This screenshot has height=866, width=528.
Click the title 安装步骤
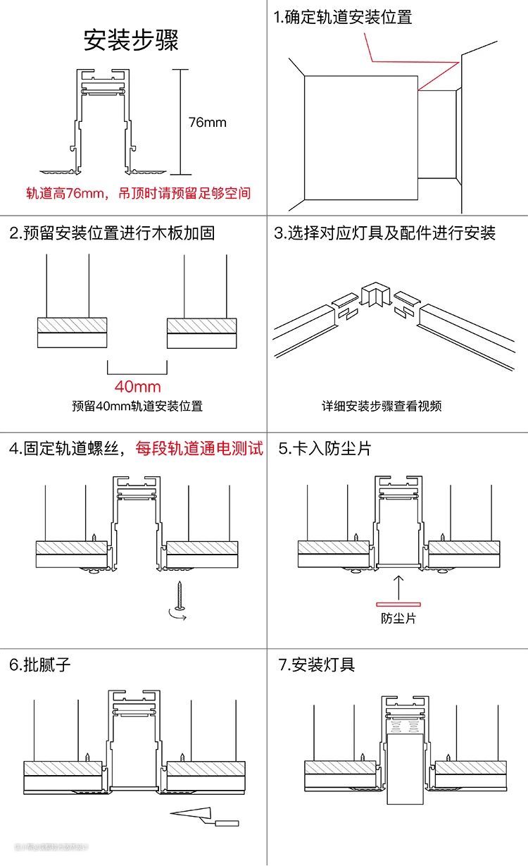[131, 39]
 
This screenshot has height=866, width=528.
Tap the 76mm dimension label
[208, 123]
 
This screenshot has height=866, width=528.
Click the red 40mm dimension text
[138, 386]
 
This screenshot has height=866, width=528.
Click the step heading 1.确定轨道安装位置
[343, 18]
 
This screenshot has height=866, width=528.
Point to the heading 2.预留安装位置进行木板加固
[112, 233]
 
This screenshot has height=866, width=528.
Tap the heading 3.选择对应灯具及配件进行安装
[384, 233]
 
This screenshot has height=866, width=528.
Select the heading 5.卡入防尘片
[325, 448]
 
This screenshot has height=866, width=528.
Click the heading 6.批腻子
[40, 664]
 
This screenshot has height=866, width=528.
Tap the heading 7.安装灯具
[317, 664]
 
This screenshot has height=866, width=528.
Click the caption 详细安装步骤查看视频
[382, 407]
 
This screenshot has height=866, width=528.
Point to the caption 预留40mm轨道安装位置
[137, 407]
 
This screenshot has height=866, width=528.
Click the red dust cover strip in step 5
[398, 604]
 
